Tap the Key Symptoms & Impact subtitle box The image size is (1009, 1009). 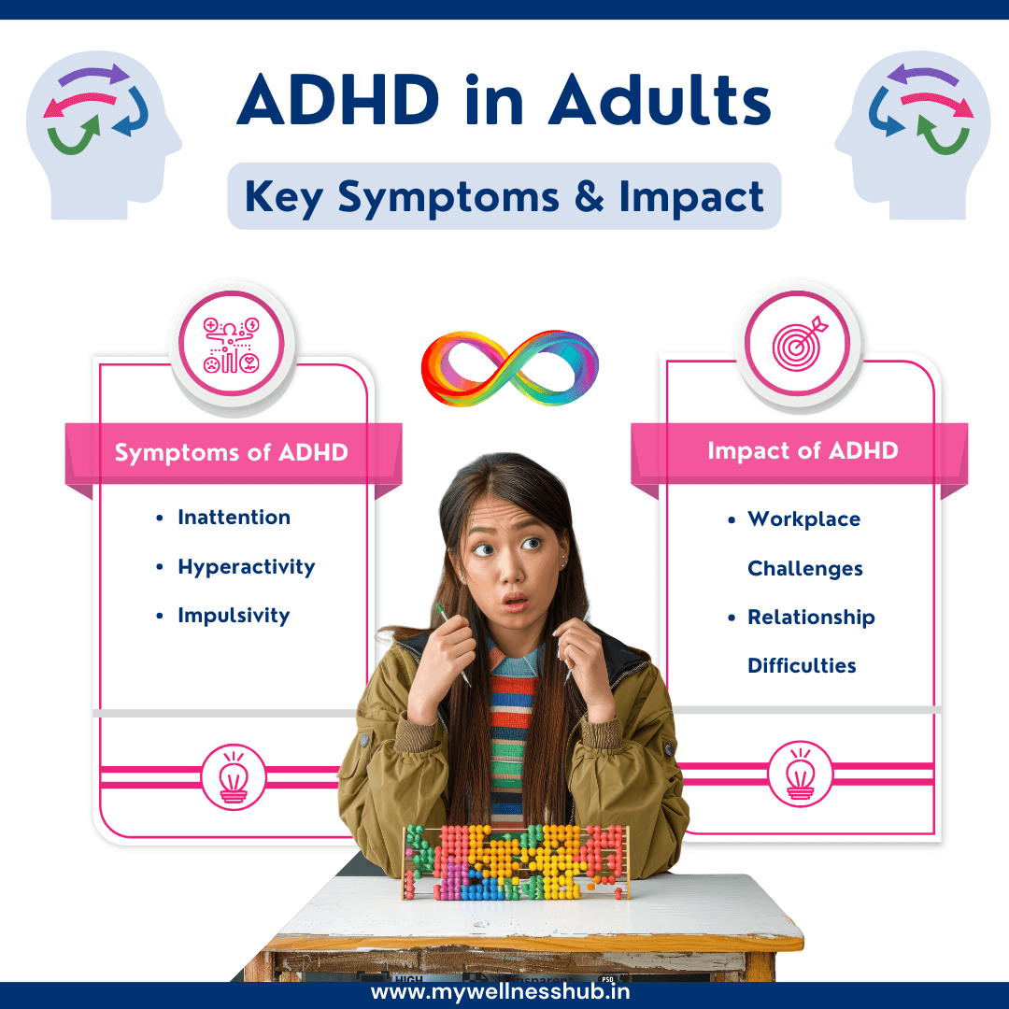point(504,196)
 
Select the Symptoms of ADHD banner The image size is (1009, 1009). point(232,453)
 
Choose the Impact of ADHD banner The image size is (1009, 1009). point(802,451)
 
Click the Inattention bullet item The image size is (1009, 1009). point(234,518)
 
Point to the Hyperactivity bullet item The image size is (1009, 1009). point(246,567)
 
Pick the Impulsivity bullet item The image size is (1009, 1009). point(234,616)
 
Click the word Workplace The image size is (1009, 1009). point(803,519)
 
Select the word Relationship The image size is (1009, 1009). point(811,618)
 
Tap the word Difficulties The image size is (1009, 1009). point(802,666)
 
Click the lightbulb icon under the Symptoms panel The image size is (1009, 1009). point(232,776)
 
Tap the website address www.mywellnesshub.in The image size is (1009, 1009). point(504,992)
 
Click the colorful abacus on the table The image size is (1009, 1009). point(515,861)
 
